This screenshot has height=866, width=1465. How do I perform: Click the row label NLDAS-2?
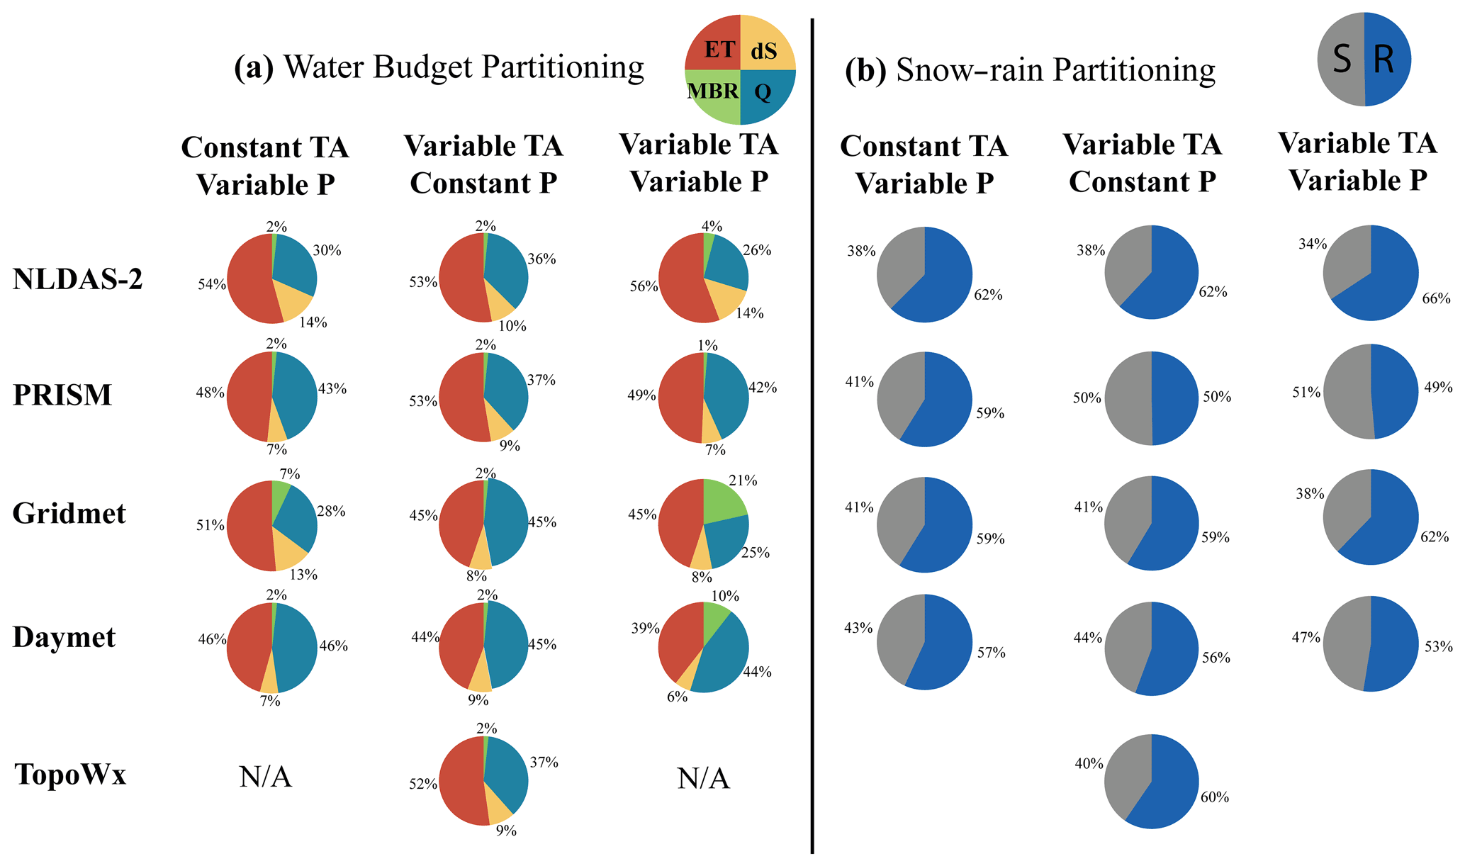[78, 280]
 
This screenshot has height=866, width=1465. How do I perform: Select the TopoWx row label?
[70, 775]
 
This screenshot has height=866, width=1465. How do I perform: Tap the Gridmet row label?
[69, 513]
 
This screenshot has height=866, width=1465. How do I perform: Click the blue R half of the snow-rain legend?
[1386, 60]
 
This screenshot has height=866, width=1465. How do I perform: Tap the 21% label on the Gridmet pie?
[743, 481]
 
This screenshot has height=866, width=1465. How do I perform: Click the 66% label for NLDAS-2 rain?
[1436, 299]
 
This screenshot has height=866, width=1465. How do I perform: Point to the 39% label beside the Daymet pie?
[645, 628]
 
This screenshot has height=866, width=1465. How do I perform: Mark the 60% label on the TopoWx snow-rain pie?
[1214, 797]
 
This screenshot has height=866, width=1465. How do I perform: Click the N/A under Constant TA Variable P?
[266, 778]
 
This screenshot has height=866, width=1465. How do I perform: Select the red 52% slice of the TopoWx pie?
[461, 783]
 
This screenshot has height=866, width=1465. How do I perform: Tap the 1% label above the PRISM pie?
[707, 346]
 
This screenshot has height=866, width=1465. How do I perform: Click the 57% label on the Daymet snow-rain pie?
[991, 653]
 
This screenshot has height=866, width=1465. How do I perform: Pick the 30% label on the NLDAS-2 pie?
[327, 251]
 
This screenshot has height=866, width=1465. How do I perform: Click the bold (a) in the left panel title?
[253, 69]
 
